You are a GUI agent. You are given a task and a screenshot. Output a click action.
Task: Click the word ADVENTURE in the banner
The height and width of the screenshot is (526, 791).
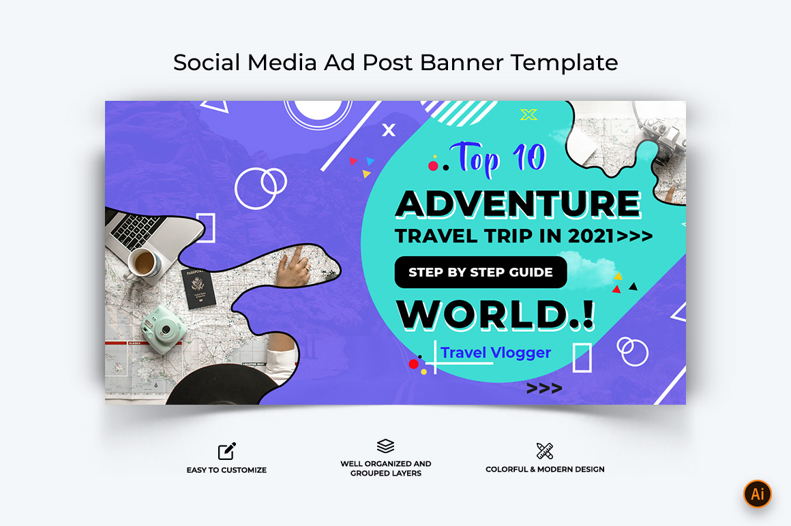(518, 204)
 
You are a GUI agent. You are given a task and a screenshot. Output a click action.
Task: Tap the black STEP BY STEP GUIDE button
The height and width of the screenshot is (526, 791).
(481, 272)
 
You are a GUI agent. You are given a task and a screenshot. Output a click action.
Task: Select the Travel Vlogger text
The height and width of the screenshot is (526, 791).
(495, 353)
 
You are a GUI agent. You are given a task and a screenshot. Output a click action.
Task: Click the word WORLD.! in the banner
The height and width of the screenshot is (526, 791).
(495, 315)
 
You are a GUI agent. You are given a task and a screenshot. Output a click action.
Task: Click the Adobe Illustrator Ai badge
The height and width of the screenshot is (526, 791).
(757, 493)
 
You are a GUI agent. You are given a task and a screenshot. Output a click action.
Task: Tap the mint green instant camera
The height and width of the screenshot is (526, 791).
(164, 329)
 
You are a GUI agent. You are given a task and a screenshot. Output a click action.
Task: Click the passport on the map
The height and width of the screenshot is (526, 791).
(198, 288)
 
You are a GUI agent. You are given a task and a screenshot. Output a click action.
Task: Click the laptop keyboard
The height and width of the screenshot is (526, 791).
(134, 230)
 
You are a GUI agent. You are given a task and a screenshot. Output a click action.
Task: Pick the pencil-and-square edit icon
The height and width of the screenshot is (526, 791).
(226, 451)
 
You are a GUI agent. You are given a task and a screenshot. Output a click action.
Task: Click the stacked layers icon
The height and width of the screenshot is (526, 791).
(385, 446)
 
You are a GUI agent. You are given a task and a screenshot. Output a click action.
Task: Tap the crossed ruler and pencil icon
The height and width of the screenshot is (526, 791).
(545, 451)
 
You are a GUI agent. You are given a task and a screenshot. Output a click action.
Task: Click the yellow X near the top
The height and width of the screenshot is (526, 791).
(528, 115)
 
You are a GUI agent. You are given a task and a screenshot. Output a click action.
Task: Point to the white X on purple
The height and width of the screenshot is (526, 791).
(389, 130)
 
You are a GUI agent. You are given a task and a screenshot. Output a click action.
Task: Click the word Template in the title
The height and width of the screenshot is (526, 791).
(564, 63)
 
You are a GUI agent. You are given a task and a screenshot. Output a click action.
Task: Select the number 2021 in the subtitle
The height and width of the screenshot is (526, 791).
(591, 236)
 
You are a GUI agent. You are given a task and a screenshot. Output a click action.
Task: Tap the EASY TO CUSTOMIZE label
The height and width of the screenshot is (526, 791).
(226, 470)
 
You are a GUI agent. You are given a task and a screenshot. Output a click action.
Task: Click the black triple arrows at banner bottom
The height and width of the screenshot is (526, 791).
(544, 388)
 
